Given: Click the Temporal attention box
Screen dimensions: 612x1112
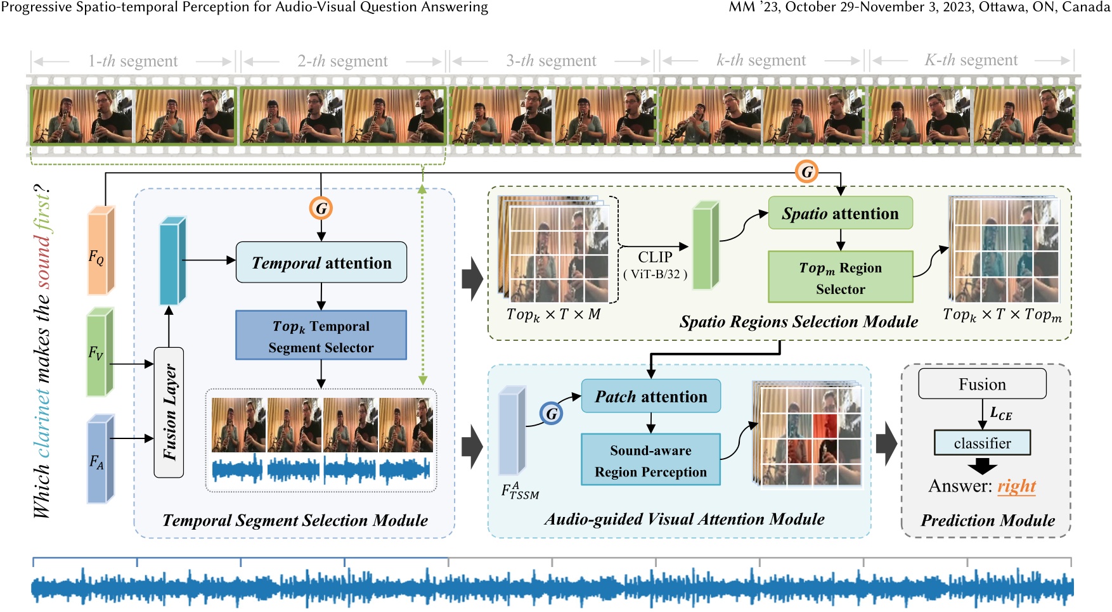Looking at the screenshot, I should pos(321,262).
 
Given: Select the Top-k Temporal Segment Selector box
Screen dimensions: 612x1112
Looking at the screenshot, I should pos(321,336).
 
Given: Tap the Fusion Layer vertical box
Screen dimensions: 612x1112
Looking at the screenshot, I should pos(169,412).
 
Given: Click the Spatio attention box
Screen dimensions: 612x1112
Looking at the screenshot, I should pos(840,214).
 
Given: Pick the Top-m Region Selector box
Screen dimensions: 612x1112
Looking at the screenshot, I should pos(840,277).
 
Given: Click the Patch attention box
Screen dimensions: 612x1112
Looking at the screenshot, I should pos(650,397).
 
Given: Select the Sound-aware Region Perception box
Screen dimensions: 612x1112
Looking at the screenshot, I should pos(650,461).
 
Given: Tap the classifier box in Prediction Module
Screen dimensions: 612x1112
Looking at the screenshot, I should pos(982,443).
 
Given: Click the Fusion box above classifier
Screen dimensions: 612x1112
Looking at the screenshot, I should pos(982,385).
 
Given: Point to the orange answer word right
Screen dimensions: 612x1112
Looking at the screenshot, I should pos(1016,486).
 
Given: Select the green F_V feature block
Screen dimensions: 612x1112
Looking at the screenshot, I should pos(100,352).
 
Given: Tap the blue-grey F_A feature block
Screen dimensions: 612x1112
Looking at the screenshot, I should pos(100,459).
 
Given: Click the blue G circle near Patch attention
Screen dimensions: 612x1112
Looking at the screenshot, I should pos(552,414).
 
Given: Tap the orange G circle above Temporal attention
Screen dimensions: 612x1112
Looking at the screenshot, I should pos(321,208).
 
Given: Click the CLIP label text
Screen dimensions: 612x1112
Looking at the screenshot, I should pos(655,257).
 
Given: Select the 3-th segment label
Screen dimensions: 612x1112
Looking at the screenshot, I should pos(551,61).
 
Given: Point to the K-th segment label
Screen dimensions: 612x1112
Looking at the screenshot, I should pos(971,60).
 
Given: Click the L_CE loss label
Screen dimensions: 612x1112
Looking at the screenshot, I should pos(1001,414).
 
